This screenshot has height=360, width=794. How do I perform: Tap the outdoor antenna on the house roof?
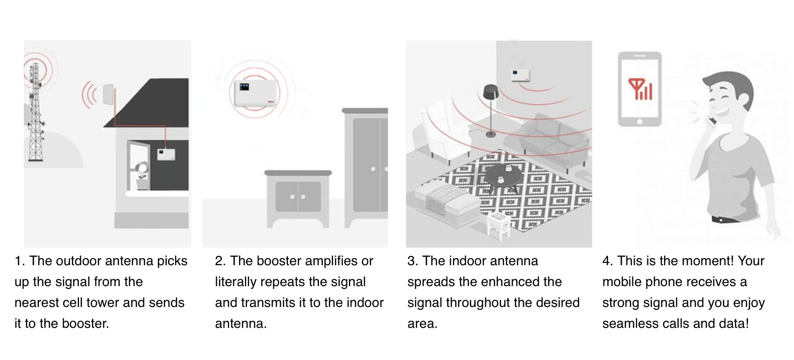click(108, 95)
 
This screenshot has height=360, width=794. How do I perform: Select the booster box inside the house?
click(166, 155)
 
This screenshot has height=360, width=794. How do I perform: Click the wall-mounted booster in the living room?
click(520, 75)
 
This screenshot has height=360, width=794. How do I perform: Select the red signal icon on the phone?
click(640, 89)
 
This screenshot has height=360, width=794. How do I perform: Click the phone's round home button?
click(639, 122)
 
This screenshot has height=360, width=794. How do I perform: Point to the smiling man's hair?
click(735, 84)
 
